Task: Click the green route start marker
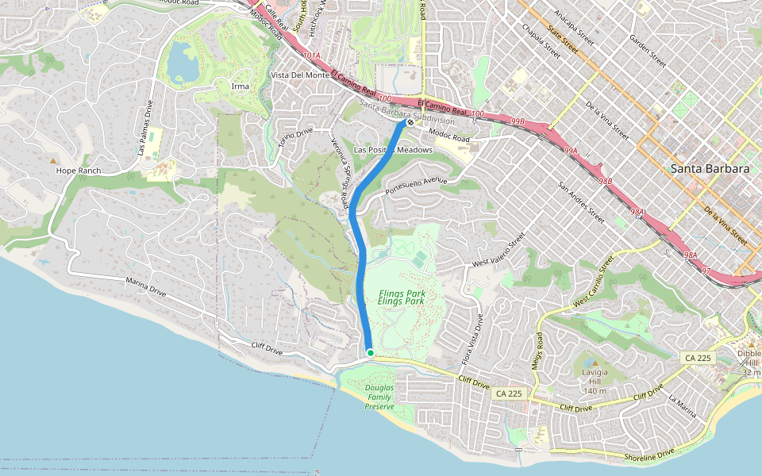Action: coord(370,352)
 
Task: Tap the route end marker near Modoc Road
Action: coord(410,122)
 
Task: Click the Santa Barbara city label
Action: coord(710,168)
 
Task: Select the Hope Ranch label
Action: coord(78,171)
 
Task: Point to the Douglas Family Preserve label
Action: coord(379,397)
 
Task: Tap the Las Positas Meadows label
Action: coord(393,150)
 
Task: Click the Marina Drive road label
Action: coord(146,286)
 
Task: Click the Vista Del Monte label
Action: coord(300,75)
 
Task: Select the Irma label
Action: coord(240,86)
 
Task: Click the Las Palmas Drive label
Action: coord(144,128)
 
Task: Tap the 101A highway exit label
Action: coord(312,56)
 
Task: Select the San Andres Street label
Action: coord(582,202)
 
